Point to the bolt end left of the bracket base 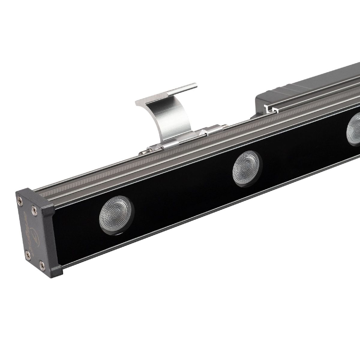pyautogui.click(x=143, y=152)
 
